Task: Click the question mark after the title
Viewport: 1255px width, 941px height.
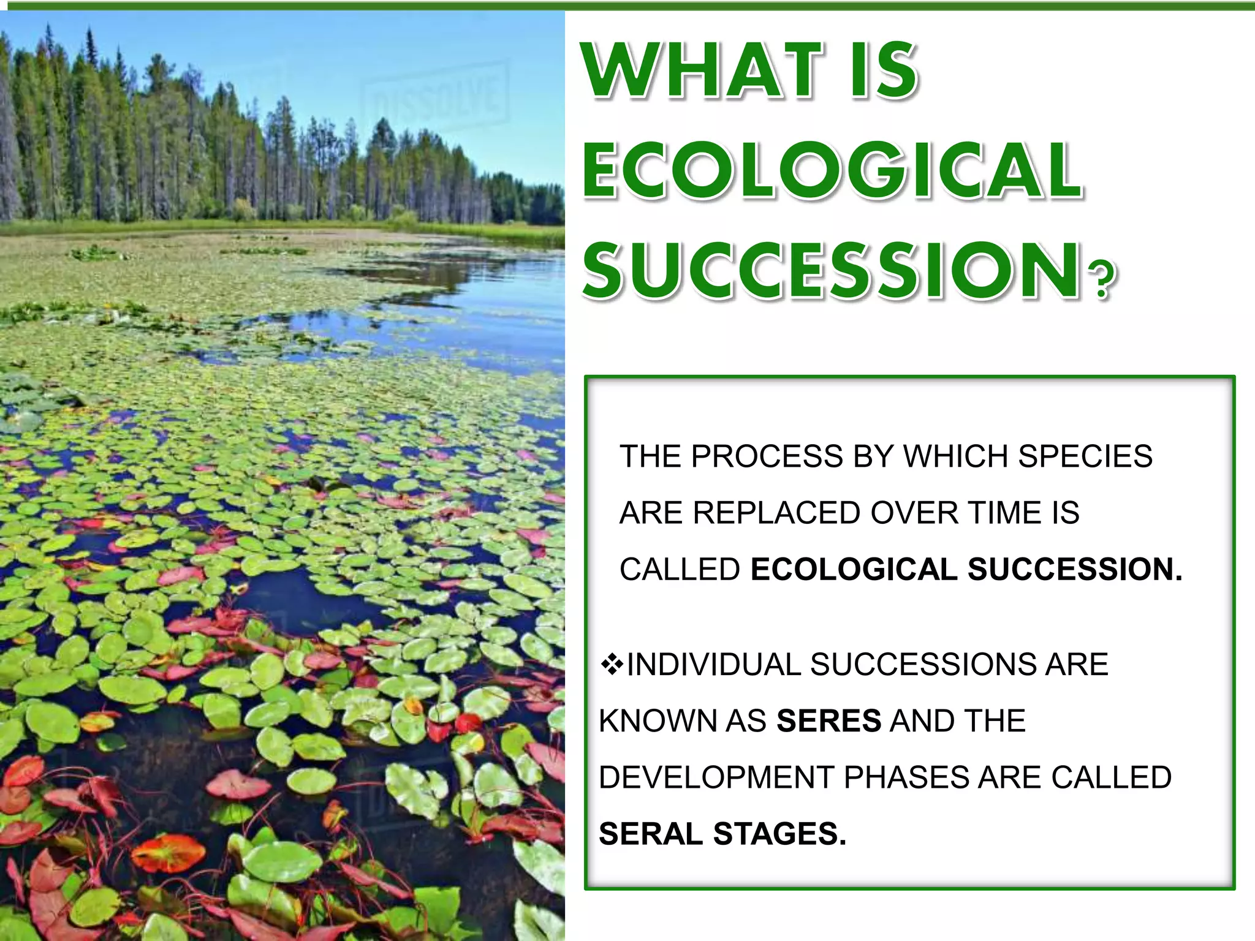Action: point(1103,281)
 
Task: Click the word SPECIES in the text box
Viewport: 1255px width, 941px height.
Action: point(1085,456)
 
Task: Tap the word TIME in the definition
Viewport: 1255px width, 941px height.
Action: point(1005,513)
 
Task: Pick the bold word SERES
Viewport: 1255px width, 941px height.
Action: point(828,721)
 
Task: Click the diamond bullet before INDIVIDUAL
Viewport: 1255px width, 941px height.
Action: point(612,664)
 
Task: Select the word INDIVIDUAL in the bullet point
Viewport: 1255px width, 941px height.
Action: point(713,665)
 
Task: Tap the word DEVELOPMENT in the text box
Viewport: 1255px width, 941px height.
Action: point(716,777)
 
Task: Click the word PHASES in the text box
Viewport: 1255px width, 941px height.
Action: point(906,777)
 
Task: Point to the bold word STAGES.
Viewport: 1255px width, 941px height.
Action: point(779,834)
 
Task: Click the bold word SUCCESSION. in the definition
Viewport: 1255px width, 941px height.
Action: point(1075,569)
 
